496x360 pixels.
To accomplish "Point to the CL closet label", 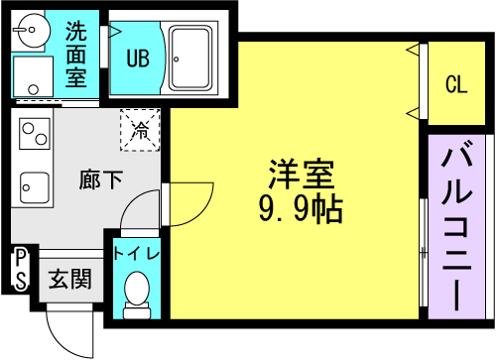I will pyautogui.click(x=455, y=85).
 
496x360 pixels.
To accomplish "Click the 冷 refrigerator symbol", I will pyautogui.click(x=141, y=128).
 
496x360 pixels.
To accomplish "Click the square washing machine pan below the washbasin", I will pyautogui.click(x=34, y=75).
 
